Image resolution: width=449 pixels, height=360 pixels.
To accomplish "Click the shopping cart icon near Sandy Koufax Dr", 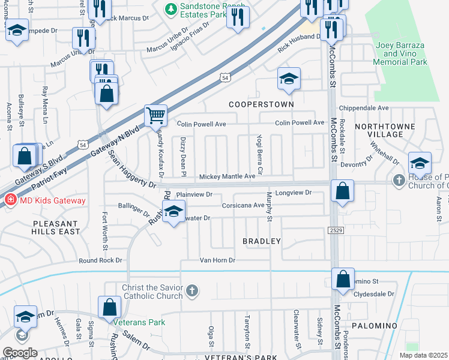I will [x=155, y=115].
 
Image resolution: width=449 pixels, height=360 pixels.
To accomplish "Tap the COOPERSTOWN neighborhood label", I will [x=262, y=104].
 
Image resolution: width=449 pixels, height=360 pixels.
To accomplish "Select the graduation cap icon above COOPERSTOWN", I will [x=289, y=79].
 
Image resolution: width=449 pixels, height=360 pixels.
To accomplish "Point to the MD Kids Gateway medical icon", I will [x=10, y=200].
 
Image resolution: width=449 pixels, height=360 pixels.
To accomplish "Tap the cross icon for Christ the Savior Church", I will [x=191, y=292].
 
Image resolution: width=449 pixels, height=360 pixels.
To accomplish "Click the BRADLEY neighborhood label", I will [x=261, y=241].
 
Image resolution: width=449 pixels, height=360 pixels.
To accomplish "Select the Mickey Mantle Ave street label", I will [x=228, y=176].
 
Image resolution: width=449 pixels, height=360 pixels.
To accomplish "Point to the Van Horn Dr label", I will [x=217, y=260].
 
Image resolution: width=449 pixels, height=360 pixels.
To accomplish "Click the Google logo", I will [x=20, y=352].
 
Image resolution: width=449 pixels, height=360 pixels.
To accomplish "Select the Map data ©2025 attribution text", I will [x=423, y=355].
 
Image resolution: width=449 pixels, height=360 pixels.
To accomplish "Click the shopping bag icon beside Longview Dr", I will [x=342, y=191].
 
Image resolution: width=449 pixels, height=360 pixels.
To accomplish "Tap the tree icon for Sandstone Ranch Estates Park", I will [x=171, y=8].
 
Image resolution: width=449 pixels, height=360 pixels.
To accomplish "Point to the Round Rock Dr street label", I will [x=101, y=260].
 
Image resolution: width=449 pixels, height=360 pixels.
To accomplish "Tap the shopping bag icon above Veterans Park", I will [x=110, y=307].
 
